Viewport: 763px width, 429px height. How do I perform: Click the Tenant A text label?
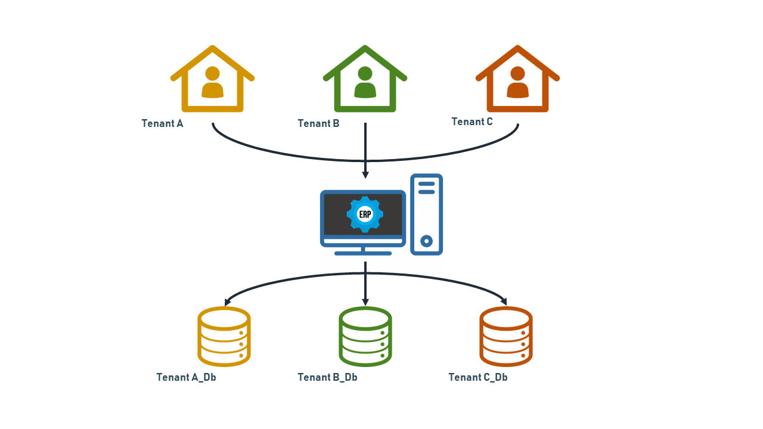click(x=162, y=123)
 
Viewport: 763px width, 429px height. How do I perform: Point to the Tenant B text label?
click(x=318, y=123)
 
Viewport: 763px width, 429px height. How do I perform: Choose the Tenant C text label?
click(x=472, y=122)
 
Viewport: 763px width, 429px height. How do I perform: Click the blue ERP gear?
click(x=365, y=214)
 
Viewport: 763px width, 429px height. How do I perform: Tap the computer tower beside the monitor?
click(x=426, y=214)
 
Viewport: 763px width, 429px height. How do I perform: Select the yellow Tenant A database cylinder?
click(x=224, y=336)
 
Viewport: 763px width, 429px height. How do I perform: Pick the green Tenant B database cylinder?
click(x=365, y=336)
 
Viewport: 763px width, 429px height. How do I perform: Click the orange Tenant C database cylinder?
click(x=506, y=336)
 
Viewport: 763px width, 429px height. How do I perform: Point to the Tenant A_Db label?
click(x=186, y=377)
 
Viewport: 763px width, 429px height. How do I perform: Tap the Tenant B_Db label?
click(x=327, y=377)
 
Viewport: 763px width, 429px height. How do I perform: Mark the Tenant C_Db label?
click(x=478, y=377)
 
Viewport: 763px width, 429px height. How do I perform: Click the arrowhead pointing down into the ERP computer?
click(x=365, y=175)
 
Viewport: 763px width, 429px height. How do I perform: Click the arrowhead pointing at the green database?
click(x=365, y=301)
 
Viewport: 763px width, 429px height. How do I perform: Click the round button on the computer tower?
click(x=426, y=241)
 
